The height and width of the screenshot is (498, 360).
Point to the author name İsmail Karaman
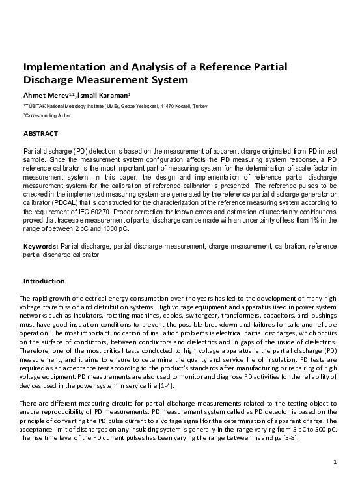tap(96, 96)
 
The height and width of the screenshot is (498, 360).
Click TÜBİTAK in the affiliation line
tap(36, 106)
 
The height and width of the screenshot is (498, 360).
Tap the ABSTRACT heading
tap(40, 133)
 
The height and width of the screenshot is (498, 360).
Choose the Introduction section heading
tap(44, 281)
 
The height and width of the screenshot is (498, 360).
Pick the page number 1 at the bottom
tap(334, 462)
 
